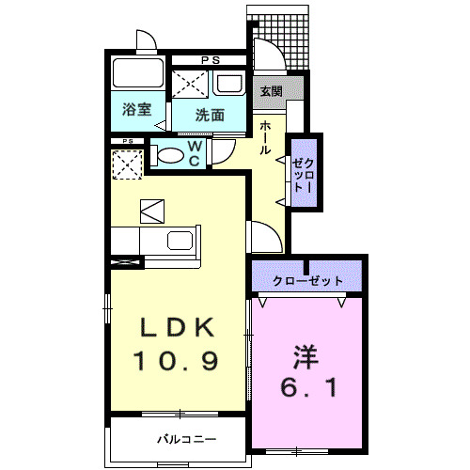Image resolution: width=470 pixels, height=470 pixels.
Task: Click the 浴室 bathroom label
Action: [x=136, y=110]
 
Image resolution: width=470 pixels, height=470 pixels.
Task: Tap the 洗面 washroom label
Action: [x=210, y=116]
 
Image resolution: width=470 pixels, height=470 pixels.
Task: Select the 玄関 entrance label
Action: [x=271, y=92]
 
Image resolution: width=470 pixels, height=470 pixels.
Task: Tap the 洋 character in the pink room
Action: [x=305, y=355]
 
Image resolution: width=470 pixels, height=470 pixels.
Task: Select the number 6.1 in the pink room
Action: [x=305, y=386]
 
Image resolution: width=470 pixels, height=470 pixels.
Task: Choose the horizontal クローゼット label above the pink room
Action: [x=306, y=281]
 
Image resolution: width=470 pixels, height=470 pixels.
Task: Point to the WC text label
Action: [x=194, y=155]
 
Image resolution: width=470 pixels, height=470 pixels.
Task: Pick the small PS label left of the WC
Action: [x=127, y=141]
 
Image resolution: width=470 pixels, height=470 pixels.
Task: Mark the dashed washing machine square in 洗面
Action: [x=191, y=85]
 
